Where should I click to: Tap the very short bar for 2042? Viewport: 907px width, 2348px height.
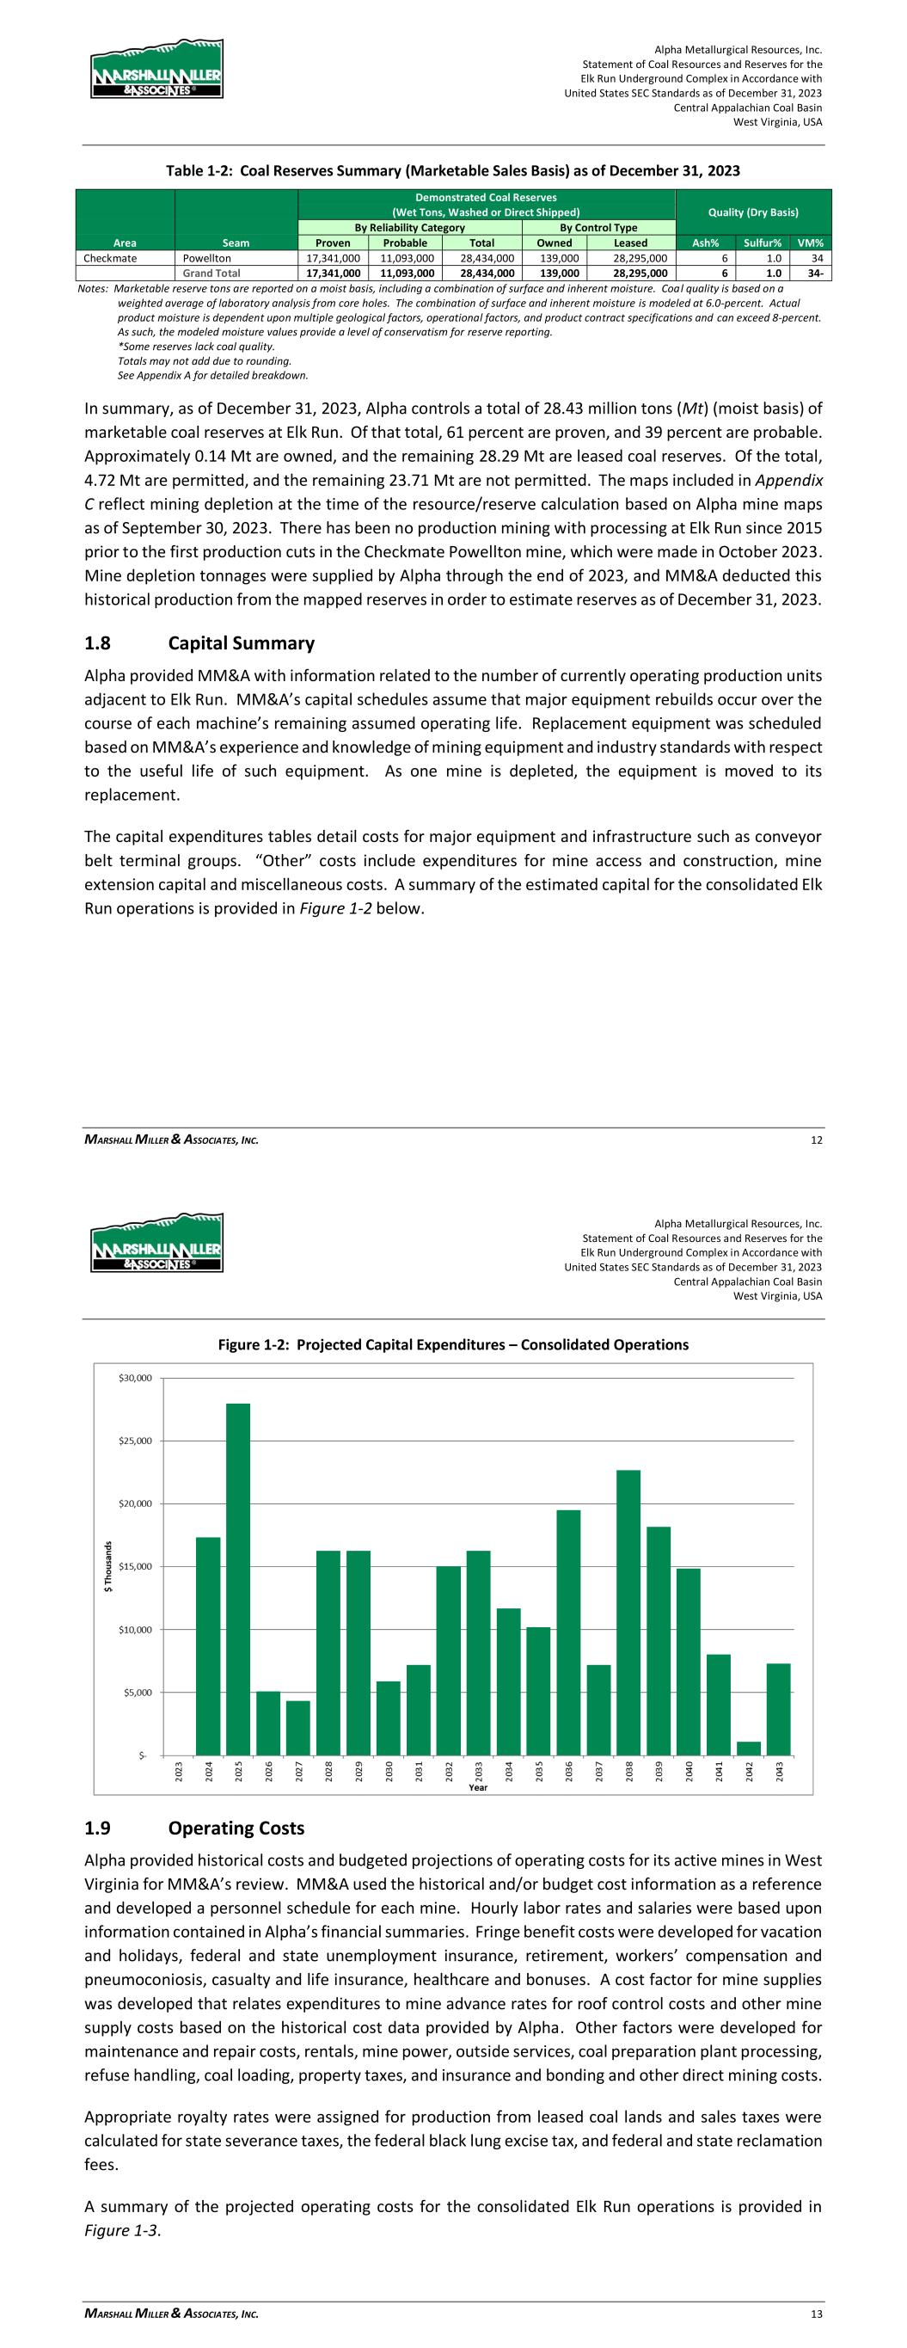749,1748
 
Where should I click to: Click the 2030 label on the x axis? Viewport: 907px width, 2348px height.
389,1771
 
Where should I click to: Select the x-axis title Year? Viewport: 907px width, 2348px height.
478,1787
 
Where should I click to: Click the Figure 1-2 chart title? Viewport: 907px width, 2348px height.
453,1344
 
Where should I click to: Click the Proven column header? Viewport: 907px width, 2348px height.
333,243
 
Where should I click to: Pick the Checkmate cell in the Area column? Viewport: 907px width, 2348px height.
110,258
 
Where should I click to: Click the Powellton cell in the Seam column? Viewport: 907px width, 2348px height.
207,258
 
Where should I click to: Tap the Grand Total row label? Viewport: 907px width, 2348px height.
211,273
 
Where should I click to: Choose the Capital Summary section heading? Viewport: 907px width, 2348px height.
241,643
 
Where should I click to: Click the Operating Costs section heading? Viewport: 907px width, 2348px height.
236,1829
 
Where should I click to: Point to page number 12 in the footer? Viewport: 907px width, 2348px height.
817,1140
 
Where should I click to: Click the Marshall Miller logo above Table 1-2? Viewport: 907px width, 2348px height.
156,71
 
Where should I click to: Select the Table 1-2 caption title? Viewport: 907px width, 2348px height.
452,170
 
